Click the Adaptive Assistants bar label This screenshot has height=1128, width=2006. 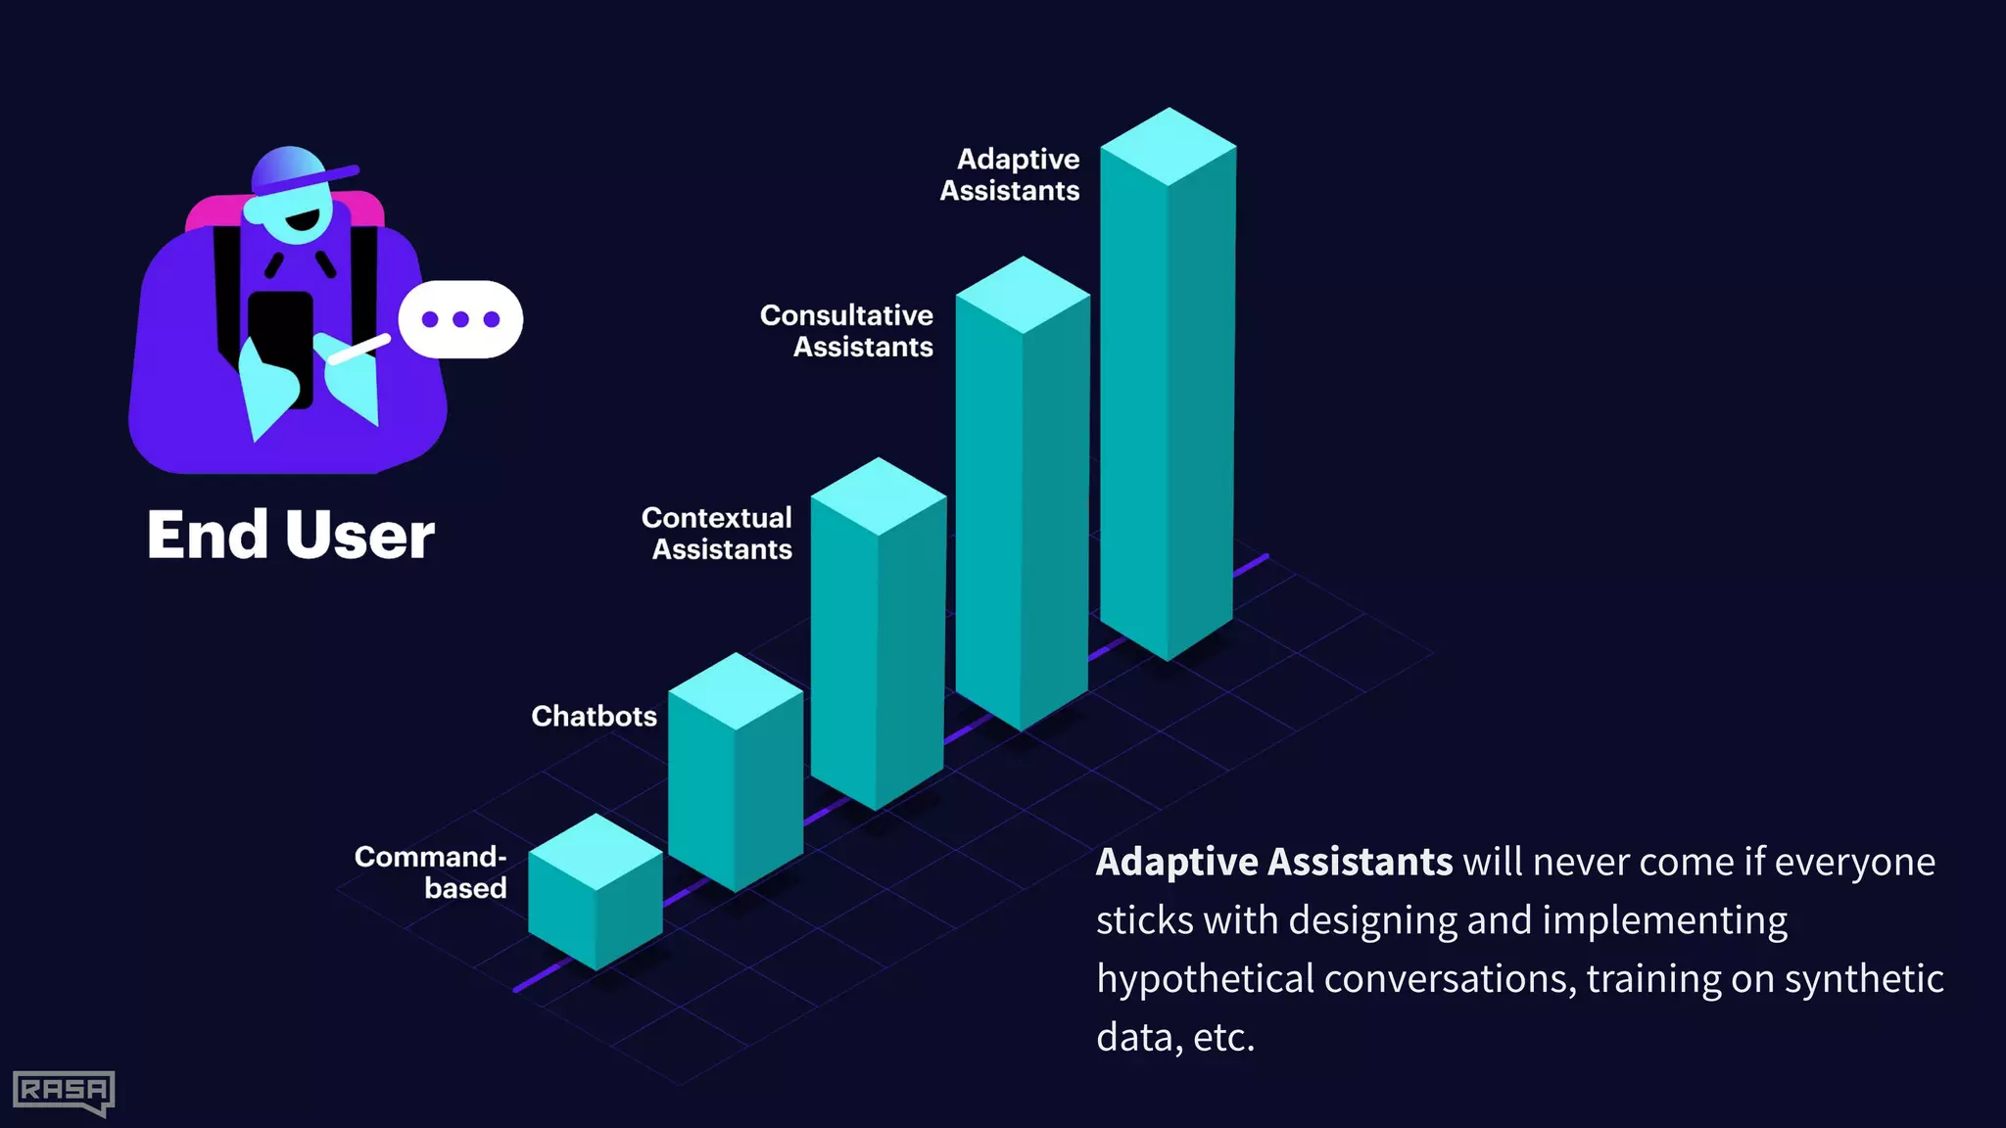1010,174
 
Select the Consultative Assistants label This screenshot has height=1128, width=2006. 847,331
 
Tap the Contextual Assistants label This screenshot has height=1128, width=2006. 718,534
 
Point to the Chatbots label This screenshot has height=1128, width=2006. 594,716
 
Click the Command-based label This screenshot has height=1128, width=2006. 431,871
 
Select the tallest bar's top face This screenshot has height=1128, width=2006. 1169,147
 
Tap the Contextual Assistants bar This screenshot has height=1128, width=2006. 878,646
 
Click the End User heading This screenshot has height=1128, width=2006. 291,536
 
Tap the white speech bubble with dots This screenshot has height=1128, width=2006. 460,319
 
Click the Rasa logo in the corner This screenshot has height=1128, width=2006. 64,1091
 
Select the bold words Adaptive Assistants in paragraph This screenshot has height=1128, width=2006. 1273,863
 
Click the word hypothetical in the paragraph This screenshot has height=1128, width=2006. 1205,979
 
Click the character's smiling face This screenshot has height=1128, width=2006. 299,221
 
